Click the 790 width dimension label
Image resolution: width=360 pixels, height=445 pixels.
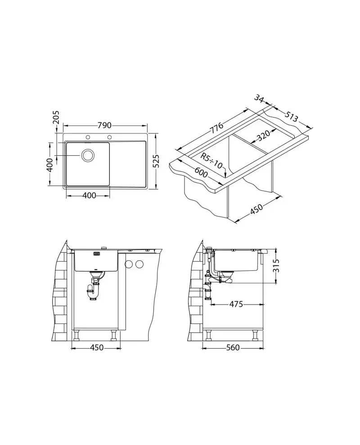coord(104,125)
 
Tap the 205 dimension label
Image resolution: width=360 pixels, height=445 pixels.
coord(56,118)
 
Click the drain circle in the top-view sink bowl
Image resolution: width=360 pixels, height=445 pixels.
coord(88,155)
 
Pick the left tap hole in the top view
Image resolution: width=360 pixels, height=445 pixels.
coord(88,138)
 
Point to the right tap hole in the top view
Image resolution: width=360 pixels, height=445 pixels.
coord(109,138)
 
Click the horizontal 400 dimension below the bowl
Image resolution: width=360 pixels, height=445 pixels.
coord(89,195)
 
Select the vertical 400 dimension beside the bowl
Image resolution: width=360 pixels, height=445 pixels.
coord(49,164)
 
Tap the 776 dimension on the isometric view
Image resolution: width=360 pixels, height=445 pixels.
coord(216,127)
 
